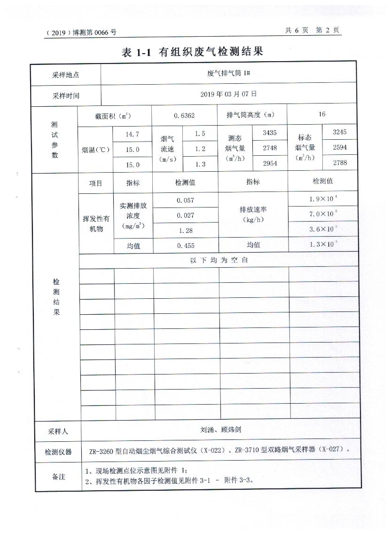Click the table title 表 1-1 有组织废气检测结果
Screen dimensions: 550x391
click(x=192, y=52)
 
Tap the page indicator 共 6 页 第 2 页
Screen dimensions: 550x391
click(x=312, y=30)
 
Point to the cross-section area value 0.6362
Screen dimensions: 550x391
click(x=184, y=115)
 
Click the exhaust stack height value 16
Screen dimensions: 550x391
click(x=321, y=114)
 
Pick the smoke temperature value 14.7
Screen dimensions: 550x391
click(x=132, y=134)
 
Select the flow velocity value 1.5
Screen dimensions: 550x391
click(x=200, y=134)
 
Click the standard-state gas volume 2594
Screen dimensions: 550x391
click(x=340, y=147)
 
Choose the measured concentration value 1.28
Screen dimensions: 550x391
click(x=186, y=231)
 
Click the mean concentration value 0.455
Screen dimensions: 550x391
click(x=186, y=245)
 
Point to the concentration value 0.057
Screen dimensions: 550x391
click(x=186, y=200)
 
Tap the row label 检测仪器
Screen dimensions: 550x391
click(x=58, y=452)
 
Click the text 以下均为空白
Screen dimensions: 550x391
click(x=219, y=260)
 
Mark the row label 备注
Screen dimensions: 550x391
click(x=58, y=477)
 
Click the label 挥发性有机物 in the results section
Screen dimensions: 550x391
click(x=96, y=223)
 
